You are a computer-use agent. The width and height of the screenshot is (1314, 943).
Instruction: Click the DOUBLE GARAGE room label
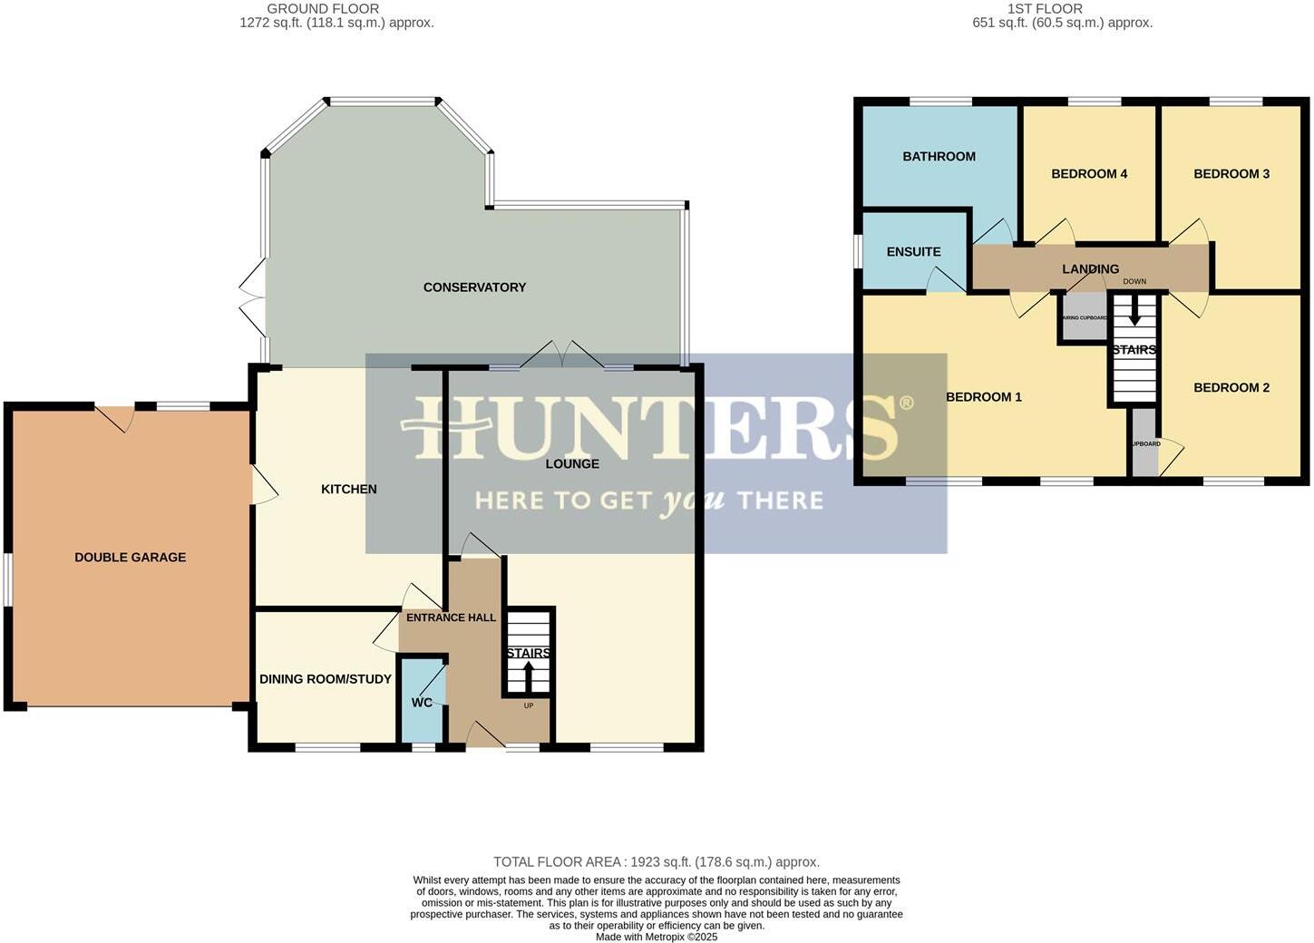tap(130, 558)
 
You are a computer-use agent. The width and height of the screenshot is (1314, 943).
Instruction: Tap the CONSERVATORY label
tap(474, 287)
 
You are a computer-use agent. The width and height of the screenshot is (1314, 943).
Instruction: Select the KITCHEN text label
tap(349, 490)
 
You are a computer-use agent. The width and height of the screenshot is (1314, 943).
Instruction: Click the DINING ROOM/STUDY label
tap(326, 679)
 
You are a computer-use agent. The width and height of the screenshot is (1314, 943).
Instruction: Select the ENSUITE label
tap(913, 252)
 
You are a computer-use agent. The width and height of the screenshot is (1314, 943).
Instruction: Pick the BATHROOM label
tap(939, 157)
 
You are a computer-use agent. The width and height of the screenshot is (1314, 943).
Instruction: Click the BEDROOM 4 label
tap(1089, 174)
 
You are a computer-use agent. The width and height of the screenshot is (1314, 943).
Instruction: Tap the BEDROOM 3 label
tap(1231, 174)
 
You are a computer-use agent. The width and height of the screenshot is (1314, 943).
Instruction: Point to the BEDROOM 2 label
tap(1231, 388)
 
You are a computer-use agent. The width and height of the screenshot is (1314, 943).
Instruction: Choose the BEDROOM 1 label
tap(983, 397)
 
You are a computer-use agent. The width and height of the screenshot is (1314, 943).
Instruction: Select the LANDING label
tap(1090, 269)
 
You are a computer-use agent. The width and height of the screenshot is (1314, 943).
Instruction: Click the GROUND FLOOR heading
tap(323, 9)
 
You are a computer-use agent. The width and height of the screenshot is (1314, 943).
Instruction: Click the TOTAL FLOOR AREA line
tap(656, 862)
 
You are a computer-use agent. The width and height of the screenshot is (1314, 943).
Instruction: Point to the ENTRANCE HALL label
tap(451, 618)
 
